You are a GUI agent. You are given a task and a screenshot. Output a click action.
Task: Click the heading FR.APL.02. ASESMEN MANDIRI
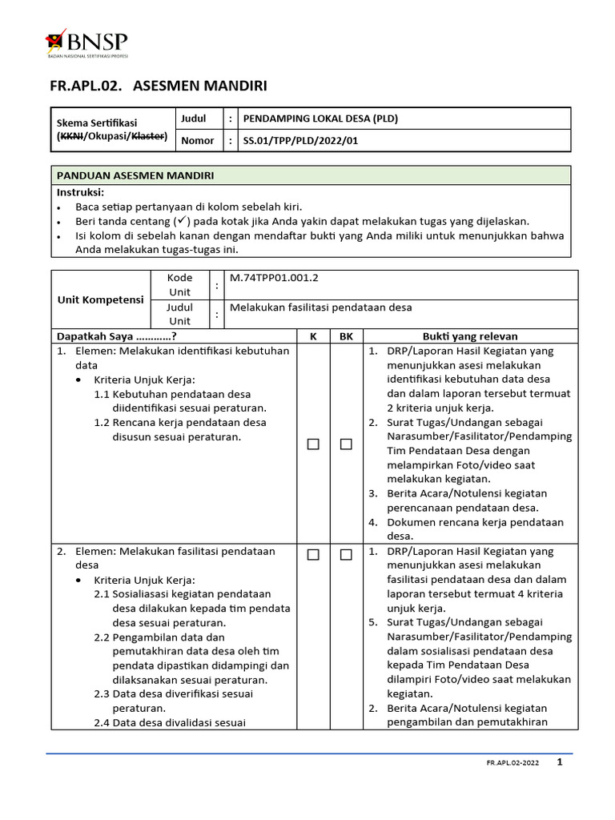point(159,85)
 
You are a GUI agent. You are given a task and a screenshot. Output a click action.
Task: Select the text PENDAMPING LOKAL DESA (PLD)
point(320,119)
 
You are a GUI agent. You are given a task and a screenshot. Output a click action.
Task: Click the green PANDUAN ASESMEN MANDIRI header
point(135,175)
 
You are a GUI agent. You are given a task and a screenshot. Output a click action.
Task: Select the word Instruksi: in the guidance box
point(80,192)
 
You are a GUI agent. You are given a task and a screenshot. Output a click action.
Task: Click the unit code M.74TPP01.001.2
point(274,278)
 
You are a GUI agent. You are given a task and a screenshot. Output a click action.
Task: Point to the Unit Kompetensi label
point(100,299)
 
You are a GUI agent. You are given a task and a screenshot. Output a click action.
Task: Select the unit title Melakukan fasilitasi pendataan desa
point(320,307)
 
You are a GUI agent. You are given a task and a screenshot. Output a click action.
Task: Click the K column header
point(312,336)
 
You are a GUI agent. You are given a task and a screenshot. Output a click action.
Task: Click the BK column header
point(346,336)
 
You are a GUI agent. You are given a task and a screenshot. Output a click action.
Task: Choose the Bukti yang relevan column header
point(470,336)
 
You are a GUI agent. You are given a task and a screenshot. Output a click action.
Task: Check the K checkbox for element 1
point(313,444)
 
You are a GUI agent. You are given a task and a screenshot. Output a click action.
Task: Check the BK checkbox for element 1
point(346,444)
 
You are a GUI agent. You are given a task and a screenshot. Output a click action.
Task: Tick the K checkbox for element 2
point(313,554)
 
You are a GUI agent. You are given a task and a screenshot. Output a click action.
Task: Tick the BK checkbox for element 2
point(346,554)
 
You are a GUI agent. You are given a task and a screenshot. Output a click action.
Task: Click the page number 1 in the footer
point(560,762)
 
